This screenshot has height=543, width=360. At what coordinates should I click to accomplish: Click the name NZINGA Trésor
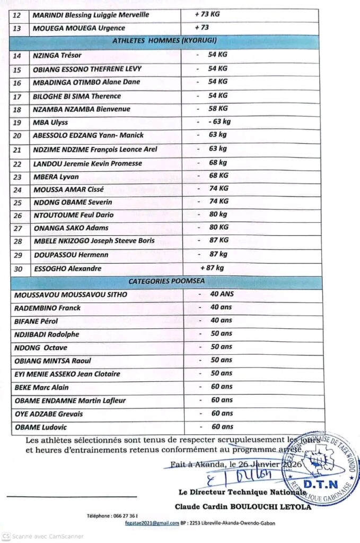[x=57, y=56]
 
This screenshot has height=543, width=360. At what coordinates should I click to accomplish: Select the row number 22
[x=17, y=164]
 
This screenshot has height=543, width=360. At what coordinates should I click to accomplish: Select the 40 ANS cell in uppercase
[x=222, y=294]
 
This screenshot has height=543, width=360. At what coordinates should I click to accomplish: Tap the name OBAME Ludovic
[x=41, y=427]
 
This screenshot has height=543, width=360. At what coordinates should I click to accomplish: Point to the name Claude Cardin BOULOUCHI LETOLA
[x=243, y=506]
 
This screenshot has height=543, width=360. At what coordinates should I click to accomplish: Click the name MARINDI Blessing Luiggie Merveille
[x=91, y=14]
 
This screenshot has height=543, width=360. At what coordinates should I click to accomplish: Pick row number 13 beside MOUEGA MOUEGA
[x=17, y=28]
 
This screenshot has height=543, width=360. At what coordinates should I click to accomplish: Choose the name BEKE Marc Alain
[x=42, y=388]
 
